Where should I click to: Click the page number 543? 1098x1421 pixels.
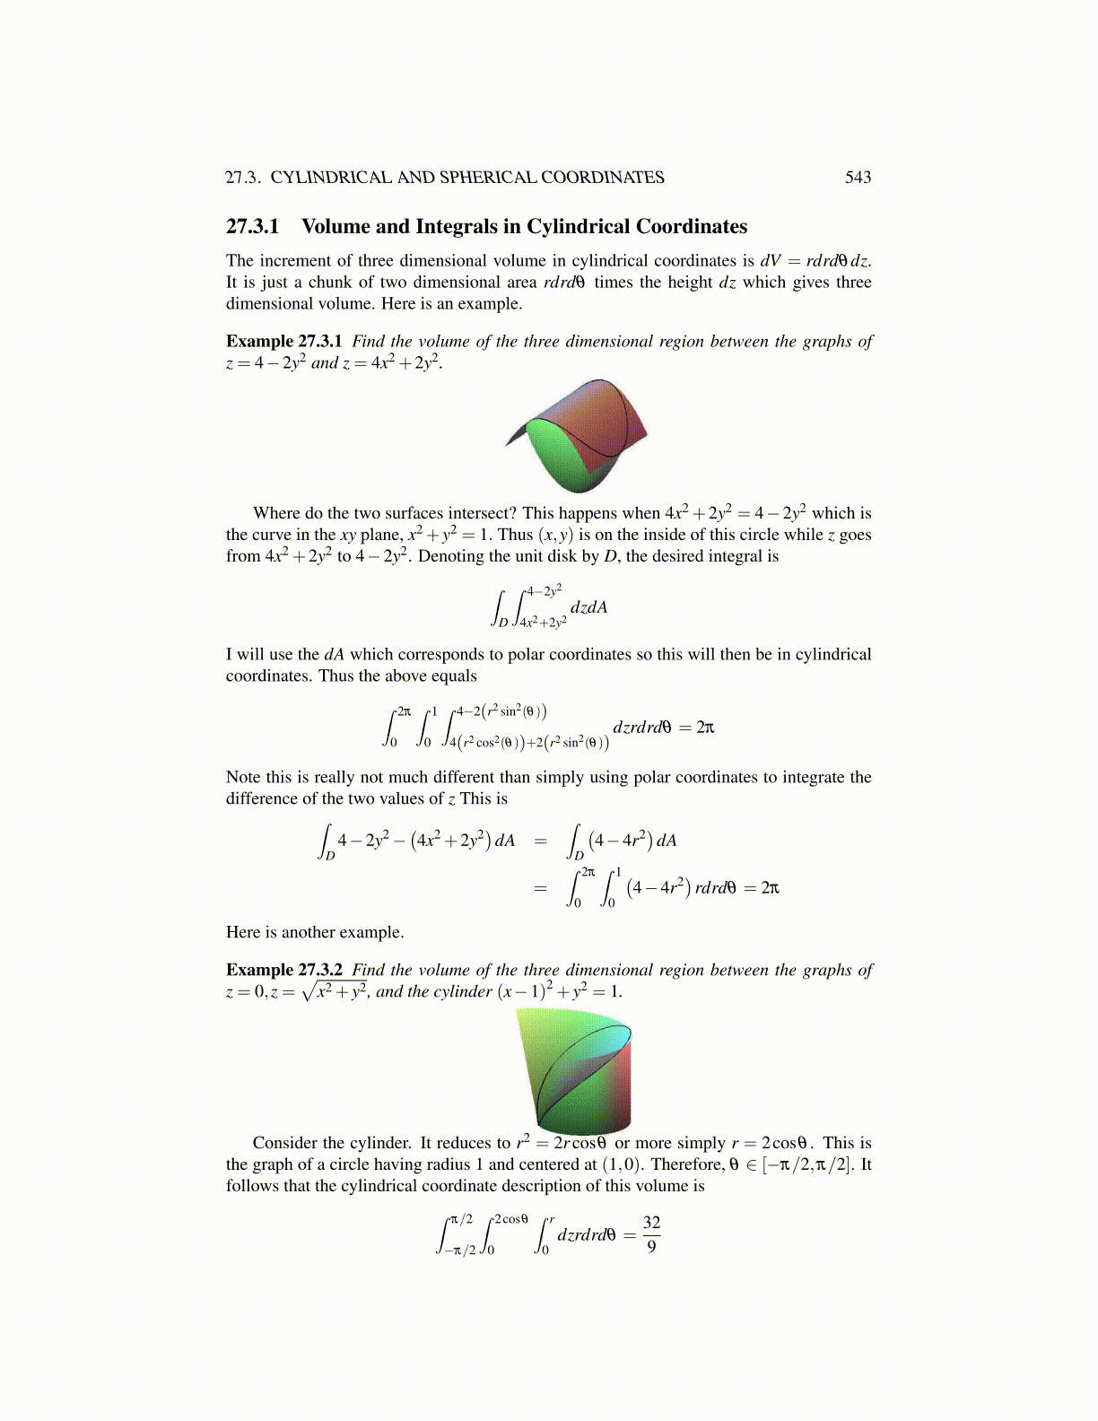click(858, 178)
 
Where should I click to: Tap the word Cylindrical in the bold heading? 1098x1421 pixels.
click(578, 227)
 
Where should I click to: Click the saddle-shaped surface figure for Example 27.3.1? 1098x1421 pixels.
click(577, 436)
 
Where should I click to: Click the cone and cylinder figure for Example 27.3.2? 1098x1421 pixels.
click(574, 1069)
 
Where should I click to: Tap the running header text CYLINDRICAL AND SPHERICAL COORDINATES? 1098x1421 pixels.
click(467, 178)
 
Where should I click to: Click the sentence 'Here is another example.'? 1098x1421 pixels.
click(315, 932)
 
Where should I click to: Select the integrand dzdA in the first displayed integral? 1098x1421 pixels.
click(588, 607)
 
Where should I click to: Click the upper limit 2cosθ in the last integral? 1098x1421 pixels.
click(511, 1219)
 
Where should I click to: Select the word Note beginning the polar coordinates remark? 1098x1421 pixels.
click(242, 777)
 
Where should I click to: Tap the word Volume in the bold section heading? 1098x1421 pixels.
click(336, 227)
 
